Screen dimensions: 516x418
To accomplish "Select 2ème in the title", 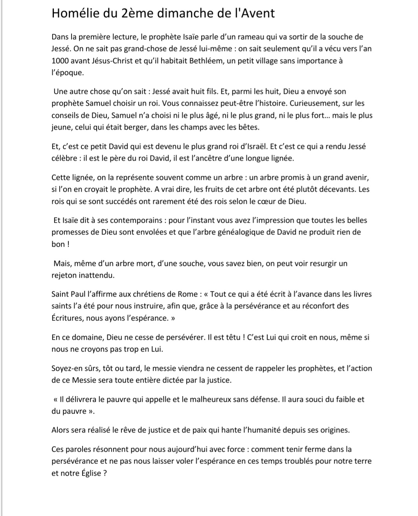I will click(134, 13).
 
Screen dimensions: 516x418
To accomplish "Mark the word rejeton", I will click(64, 275).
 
